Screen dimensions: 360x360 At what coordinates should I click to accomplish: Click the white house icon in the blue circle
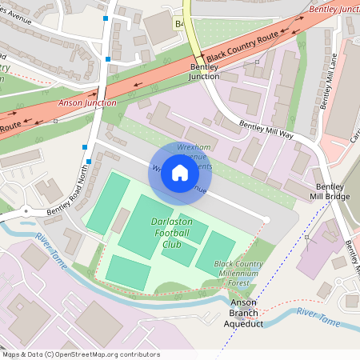[180, 173]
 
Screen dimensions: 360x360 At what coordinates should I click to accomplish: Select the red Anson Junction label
[87, 102]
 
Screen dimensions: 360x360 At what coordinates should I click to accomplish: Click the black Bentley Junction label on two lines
[204, 72]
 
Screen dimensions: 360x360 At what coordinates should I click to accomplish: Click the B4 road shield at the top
[179, 25]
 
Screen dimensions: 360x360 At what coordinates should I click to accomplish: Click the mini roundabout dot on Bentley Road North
[26, 211]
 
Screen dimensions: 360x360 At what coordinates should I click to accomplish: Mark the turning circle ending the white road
[266, 219]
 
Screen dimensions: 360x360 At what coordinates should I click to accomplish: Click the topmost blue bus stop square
[106, 18]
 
